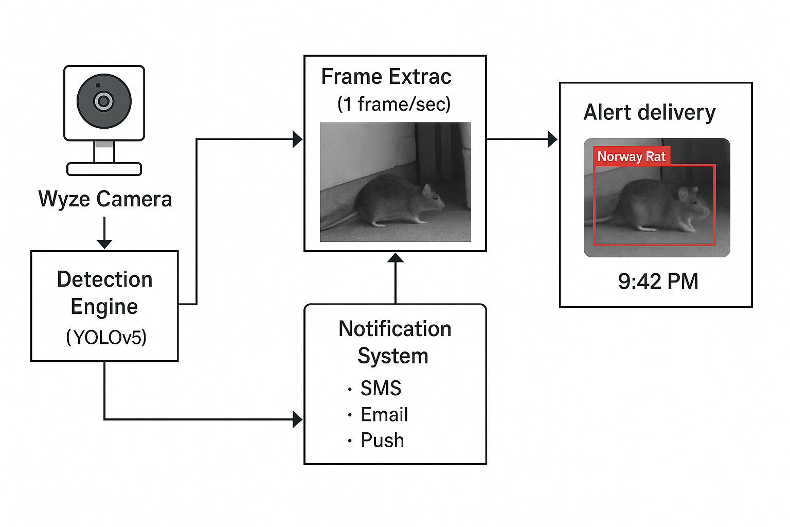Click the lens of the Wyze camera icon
(x=104, y=101)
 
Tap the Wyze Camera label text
(x=105, y=199)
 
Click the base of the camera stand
(x=104, y=169)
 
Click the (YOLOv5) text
(x=106, y=338)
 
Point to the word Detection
(x=105, y=279)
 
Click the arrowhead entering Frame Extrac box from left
(x=297, y=139)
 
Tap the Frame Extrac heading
(x=386, y=77)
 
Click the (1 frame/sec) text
(x=393, y=104)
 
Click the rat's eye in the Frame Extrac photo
(x=435, y=197)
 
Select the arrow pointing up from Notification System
(x=395, y=278)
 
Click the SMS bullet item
(x=380, y=388)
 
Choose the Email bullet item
(x=384, y=414)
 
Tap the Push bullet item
(x=382, y=441)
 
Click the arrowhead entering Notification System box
(x=297, y=419)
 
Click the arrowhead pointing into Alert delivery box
(x=552, y=139)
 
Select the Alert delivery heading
(x=649, y=112)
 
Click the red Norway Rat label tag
(x=631, y=156)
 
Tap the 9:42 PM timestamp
(x=658, y=282)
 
